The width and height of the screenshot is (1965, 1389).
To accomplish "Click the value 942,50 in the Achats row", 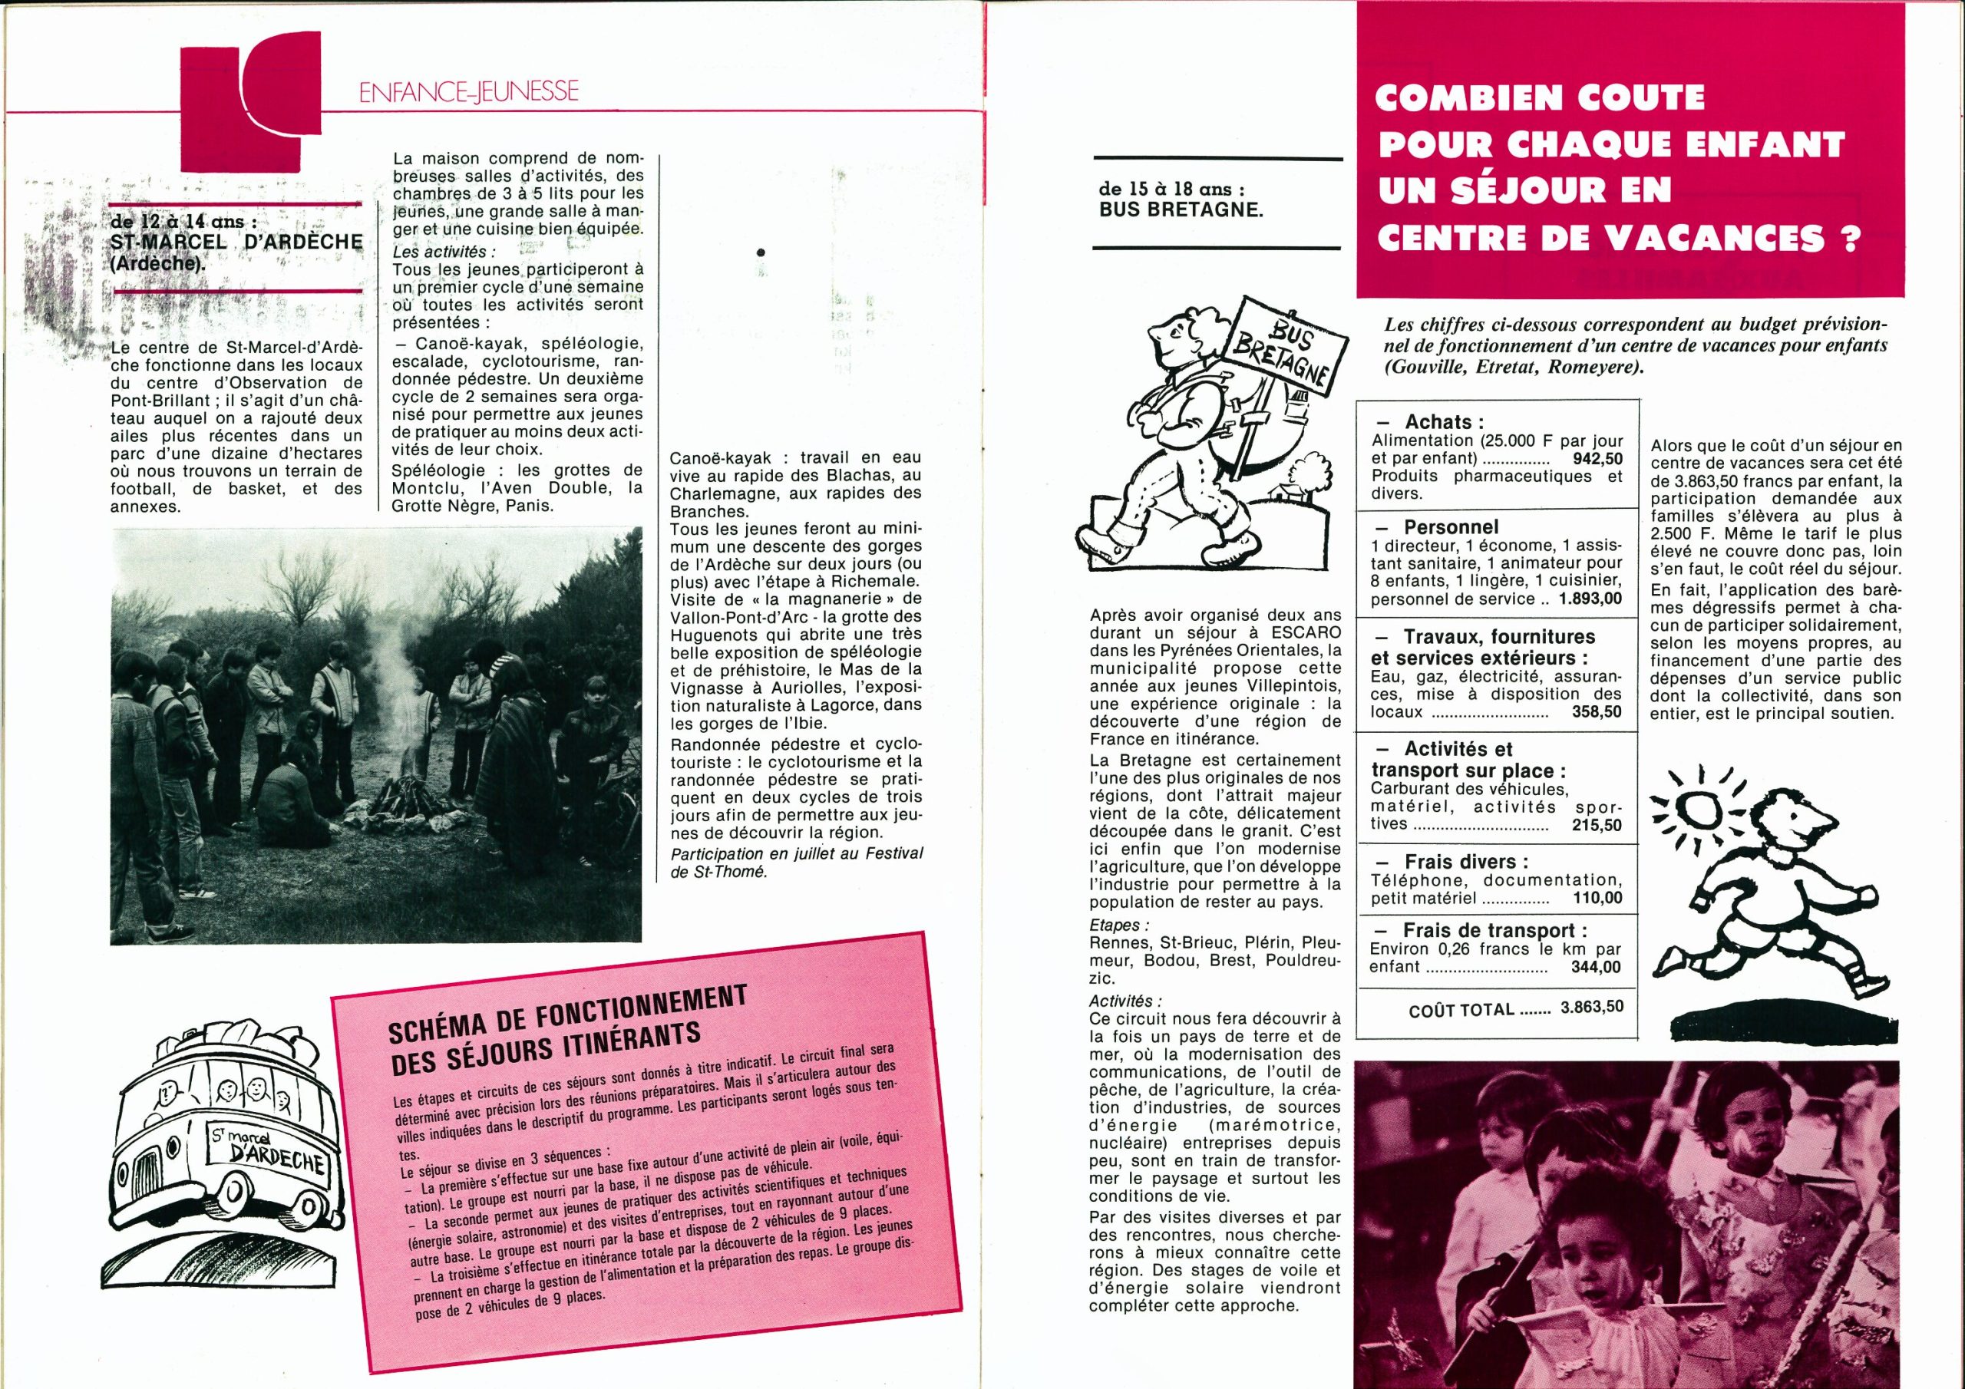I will tap(1597, 459).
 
